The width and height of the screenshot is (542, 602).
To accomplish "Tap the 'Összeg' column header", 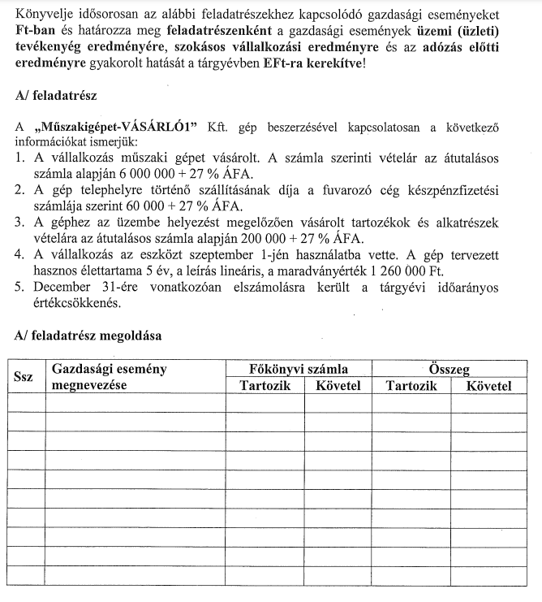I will [x=450, y=369].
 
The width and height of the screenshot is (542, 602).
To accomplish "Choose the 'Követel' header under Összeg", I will [x=489, y=385].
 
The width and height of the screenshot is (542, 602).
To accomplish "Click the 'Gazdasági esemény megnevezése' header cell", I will [x=109, y=377].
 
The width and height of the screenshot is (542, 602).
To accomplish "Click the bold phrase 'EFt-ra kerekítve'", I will [x=313, y=62].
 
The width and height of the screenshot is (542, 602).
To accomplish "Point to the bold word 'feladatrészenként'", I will [x=218, y=31].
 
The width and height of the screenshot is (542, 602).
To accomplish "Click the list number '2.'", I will [x=22, y=190].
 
